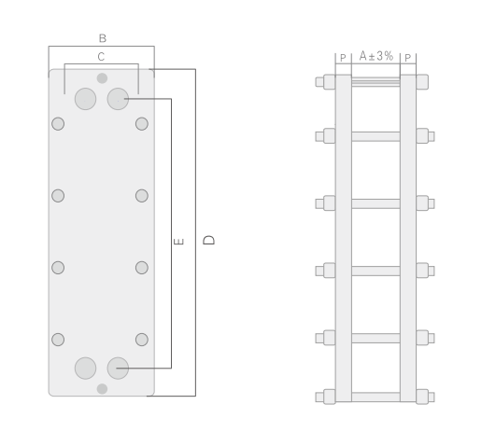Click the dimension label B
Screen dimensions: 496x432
[103, 38]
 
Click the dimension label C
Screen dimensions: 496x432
[101, 57]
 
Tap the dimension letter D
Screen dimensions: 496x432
[209, 240]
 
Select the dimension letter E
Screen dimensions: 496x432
[178, 242]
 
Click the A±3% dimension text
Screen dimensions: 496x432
[376, 56]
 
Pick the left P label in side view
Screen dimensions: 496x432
[343, 58]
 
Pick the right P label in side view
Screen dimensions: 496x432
[408, 58]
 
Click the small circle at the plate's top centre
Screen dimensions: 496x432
[102, 78]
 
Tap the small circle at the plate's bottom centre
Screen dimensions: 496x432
[102, 389]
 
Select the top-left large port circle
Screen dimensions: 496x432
[85, 99]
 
